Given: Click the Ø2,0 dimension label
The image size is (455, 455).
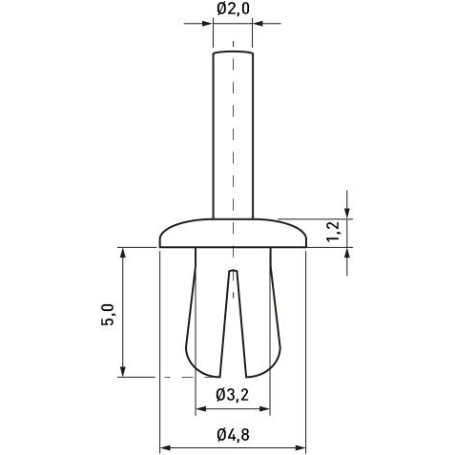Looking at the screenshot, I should [x=233, y=10].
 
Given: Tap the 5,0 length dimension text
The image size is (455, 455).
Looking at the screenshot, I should [x=108, y=313].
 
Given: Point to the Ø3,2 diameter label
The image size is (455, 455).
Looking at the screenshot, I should [x=233, y=394].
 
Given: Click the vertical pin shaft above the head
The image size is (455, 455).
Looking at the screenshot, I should [x=233, y=134].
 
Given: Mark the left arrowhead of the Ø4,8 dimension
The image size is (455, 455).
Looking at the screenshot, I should [x=163, y=446].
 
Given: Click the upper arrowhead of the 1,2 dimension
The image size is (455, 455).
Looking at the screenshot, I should [x=347, y=213].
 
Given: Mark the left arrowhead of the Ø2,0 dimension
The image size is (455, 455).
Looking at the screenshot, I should [x=208, y=25].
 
